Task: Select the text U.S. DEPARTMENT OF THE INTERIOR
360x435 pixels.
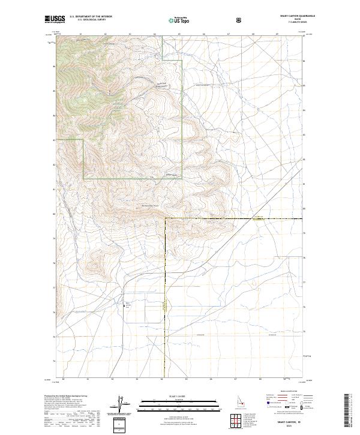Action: (x=91, y=17)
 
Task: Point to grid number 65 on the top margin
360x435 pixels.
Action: (x=179, y=34)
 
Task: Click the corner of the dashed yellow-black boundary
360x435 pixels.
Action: (x=165, y=218)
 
